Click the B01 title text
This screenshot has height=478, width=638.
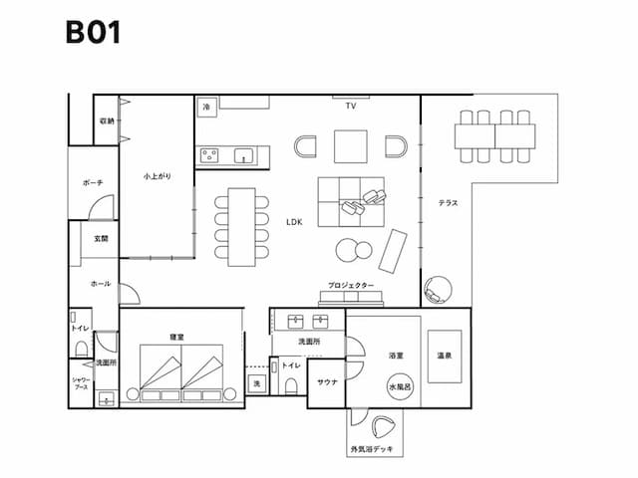(x=93, y=32)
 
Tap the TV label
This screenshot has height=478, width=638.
(x=351, y=106)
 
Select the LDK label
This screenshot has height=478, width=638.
(x=294, y=222)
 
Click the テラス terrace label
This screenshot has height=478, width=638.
(x=449, y=203)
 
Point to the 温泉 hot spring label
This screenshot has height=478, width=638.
(x=445, y=355)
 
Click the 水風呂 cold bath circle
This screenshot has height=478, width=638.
(x=400, y=387)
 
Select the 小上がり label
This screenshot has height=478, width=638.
(x=157, y=176)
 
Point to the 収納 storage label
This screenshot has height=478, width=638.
(x=107, y=121)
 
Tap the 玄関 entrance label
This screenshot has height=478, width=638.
(x=102, y=239)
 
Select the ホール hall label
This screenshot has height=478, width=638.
(x=101, y=284)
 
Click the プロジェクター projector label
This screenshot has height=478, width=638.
(x=351, y=285)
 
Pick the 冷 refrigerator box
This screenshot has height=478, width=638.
(x=206, y=105)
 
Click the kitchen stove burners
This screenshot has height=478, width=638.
(x=210, y=154)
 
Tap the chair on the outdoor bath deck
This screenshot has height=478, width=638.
(x=382, y=428)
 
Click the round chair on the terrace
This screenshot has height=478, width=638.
(x=438, y=289)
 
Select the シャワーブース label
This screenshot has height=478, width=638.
(x=81, y=384)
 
